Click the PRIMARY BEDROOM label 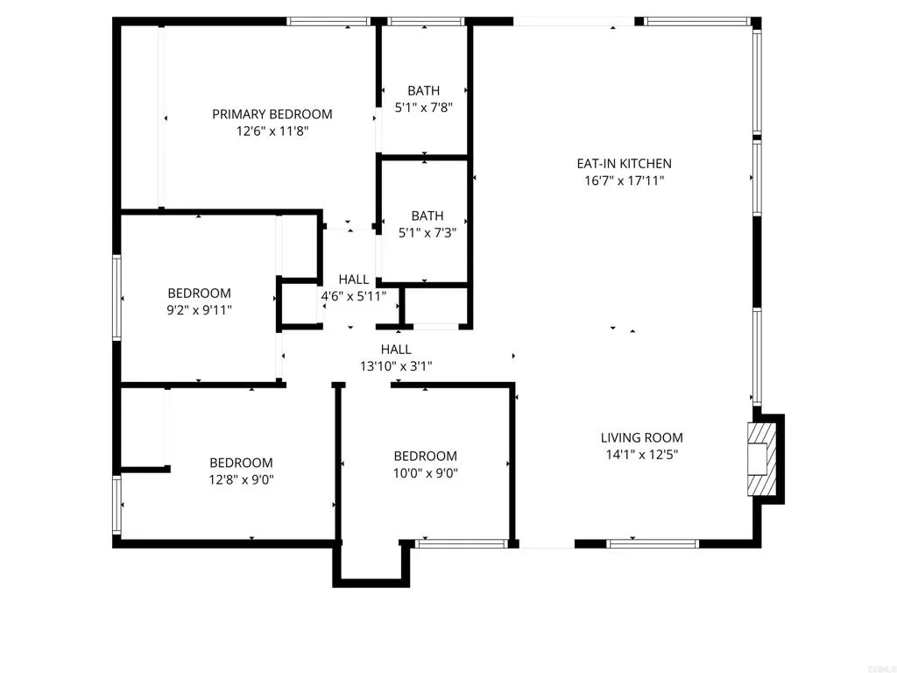[272, 114]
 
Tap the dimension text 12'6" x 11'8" [272, 131]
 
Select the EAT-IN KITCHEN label [624, 163]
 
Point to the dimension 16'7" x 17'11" [624, 181]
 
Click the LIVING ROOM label [641, 437]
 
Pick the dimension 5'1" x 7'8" [424, 108]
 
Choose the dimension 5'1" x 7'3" [427, 233]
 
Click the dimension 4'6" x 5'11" [354, 296]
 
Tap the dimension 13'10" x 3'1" [396, 366]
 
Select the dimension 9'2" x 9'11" [200, 310]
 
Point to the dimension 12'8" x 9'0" [241, 480]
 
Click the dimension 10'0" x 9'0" [425, 473]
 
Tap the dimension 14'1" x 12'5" [641, 455]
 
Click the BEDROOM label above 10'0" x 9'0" [425, 456]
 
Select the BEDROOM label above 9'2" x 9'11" [200, 293]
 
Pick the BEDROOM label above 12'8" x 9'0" [241, 463]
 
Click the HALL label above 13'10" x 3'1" [396, 349]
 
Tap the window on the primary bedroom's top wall [328, 21]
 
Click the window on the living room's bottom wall [653, 544]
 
